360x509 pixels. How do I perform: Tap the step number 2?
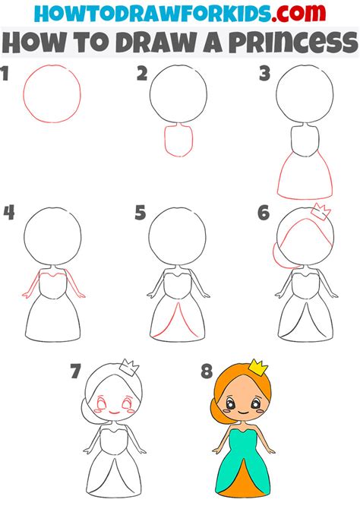[x=141, y=74]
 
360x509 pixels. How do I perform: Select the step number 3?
[x=264, y=74]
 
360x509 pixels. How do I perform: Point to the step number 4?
[x=8, y=212]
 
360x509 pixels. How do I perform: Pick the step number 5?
[x=140, y=213]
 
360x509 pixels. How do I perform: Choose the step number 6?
[x=264, y=213]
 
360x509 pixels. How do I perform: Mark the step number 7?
[x=74, y=371]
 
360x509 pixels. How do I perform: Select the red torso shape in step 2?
[x=178, y=141]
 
